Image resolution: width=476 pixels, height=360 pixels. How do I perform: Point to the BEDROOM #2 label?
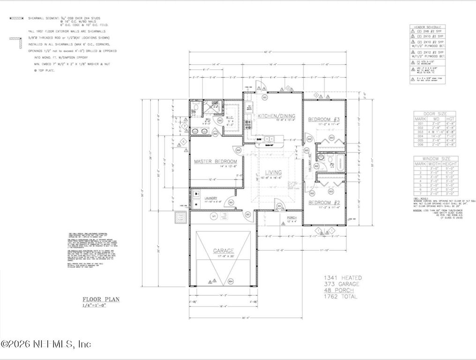tap(323, 202)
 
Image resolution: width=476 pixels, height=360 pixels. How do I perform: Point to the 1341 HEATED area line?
tap(342, 278)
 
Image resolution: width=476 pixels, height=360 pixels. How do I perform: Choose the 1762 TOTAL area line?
tap(341, 297)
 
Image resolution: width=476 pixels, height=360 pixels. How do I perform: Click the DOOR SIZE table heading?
tap(434, 114)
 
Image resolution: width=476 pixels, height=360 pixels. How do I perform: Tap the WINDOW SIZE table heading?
tap(434, 159)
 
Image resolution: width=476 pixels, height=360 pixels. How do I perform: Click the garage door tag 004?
tap(230, 282)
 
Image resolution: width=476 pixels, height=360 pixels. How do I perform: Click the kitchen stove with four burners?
tap(248, 125)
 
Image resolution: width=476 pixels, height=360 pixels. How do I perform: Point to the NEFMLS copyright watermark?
tap(46, 344)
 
